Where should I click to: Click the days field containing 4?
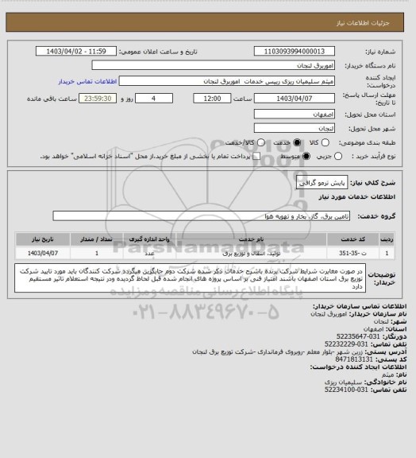[x=152, y=98]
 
